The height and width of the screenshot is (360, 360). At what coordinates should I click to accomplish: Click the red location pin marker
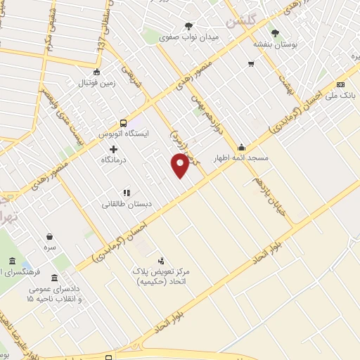180,165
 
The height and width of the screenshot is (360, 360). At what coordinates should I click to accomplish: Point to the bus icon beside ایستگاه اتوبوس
124,122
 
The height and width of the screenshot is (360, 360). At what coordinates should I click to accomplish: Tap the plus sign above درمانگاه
114,149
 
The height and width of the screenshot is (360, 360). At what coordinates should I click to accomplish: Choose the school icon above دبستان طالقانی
127,192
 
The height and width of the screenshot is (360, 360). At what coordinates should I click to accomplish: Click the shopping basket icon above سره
49,236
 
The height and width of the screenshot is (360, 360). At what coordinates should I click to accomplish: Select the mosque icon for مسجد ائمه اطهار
242,147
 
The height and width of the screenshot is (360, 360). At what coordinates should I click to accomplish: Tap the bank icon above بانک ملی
342,82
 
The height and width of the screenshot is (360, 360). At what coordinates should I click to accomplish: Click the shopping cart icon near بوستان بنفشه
251,64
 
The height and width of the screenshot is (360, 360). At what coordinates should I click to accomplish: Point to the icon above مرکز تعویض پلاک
162,260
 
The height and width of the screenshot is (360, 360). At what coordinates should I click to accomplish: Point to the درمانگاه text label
114,160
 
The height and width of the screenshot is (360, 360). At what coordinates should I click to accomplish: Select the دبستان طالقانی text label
127,204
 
